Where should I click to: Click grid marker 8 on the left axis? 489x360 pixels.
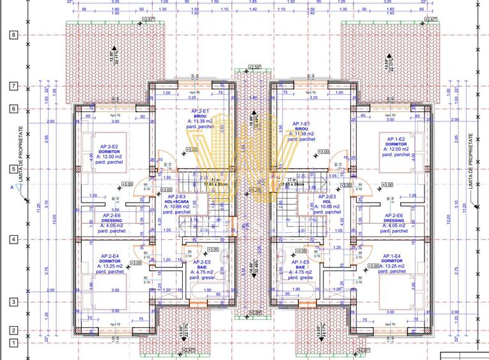pyautogui.click(x=13, y=35)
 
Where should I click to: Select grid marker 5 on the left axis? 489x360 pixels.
pyautogui.click(x=13, y=169)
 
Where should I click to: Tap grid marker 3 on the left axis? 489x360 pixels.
pyautogui.click(x=13, y=302)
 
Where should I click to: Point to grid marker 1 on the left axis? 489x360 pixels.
pyautogui.click(x=13, y=343)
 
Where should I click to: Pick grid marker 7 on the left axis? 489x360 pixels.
pyautogui.click(x=13, y=86)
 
